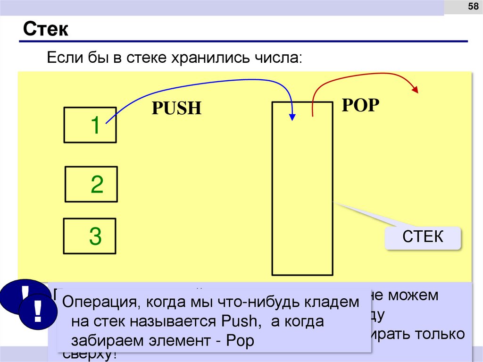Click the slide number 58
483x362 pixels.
pos(472,7)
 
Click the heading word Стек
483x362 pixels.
pos(46,30)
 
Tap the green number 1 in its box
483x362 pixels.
pos(95,126)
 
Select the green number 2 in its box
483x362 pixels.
pos(97,185)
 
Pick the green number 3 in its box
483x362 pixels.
pos(95,236)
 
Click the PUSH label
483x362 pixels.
pos(176,109)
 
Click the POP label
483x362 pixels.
pos(360,105)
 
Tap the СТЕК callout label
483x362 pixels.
pos(423,236)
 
